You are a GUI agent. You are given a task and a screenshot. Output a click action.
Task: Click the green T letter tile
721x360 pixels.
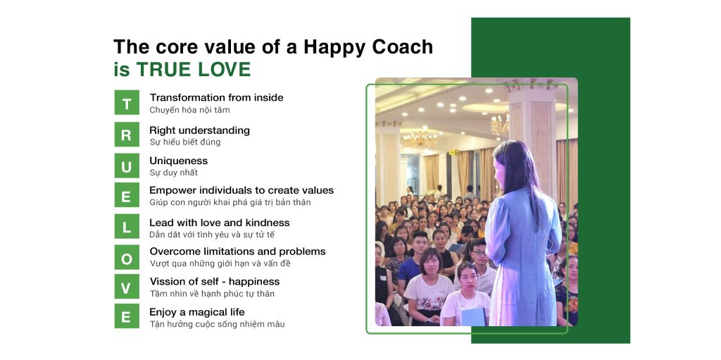pos(127,103)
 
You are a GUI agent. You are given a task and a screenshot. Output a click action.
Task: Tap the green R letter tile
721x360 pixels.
pos(127,135)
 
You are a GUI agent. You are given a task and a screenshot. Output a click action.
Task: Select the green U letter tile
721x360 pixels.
pos(127,166)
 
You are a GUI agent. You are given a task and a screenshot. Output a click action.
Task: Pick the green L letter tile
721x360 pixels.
pos(127,228)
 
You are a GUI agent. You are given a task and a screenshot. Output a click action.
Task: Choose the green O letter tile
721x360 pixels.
pos(127,258)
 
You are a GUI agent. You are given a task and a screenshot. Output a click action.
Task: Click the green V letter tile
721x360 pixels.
pos(127,287)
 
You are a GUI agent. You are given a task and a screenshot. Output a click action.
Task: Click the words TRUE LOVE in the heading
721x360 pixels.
pos(194,70)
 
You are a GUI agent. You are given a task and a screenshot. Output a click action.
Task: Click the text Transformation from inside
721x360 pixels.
pos(216,98)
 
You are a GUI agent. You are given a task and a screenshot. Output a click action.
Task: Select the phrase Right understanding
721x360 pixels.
pos(199,130)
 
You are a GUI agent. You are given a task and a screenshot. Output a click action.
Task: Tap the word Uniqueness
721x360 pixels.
pos(178,161)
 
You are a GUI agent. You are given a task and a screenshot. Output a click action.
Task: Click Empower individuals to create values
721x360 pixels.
pos(242,190)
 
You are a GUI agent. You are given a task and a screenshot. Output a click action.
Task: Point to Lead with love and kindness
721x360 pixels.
pos(219,223)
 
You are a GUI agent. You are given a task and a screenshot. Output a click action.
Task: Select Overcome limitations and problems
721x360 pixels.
pos(237,252)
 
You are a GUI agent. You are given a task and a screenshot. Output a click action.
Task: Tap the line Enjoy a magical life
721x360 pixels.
pos(197,312)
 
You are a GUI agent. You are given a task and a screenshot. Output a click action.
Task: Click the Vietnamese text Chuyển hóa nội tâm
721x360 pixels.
pos(189,110)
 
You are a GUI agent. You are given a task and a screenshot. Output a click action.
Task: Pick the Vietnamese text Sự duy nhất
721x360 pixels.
pos(173,173)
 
